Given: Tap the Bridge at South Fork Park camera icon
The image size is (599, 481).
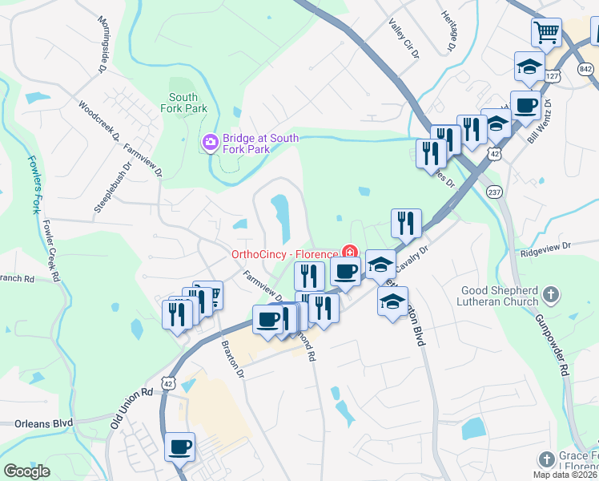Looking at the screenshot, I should pos(210,143).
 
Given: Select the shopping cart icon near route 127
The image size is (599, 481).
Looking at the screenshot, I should pos(546,33).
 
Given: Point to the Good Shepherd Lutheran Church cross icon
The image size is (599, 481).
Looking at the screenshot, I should pos(550,294).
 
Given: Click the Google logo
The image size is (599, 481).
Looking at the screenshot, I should pos(26,471).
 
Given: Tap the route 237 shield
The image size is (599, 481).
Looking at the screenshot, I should pos(494,192).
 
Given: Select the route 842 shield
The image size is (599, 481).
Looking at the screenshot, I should pos(586,70).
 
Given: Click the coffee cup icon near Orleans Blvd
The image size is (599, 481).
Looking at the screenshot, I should pos(179,447).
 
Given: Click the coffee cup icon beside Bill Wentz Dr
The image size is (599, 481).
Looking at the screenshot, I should pos(525,106).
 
